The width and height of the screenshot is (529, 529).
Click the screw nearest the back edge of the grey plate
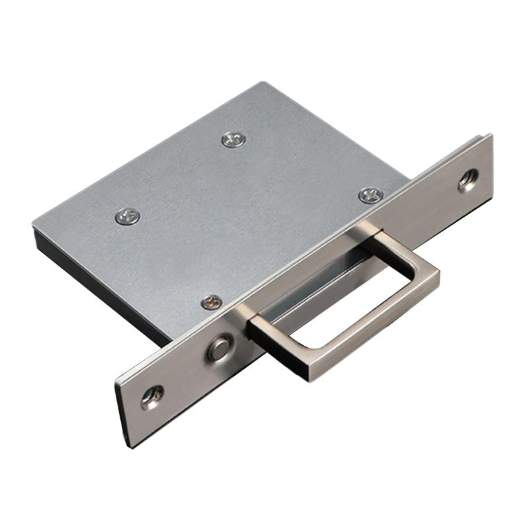(233, 139)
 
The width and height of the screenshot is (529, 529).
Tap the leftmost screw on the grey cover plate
(127, 216)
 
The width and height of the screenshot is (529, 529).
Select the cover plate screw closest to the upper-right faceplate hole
(370, 195)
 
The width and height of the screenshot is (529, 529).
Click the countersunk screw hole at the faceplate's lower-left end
(152, 397)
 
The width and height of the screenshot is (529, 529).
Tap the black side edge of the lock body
(99, 284)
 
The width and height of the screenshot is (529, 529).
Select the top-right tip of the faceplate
(490, 136)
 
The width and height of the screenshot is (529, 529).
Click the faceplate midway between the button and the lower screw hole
(185, 374)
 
